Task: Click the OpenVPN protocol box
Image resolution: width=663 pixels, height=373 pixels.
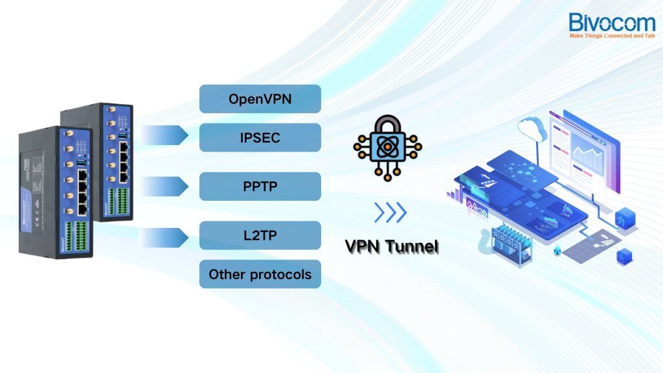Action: [260, 99]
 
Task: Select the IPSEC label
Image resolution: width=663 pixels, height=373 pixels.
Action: [260, 137]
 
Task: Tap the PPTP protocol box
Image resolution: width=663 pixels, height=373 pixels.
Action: [260, 186]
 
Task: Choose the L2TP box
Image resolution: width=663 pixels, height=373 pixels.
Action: [260, 235]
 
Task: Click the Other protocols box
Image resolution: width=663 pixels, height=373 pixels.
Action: [260, 275]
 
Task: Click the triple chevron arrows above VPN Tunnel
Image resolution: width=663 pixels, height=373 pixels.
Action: [390, 212]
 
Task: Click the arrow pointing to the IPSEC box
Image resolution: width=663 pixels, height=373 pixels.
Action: [165, 136]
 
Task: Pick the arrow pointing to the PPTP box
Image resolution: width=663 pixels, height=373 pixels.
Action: [165, 186]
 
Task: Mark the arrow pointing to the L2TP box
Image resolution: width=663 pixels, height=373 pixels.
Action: [165, 237]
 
